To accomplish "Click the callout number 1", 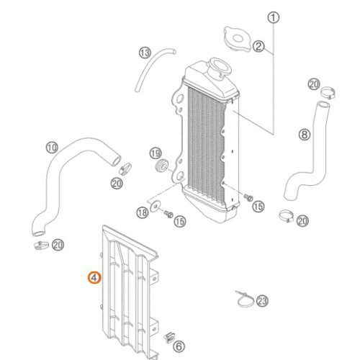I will tap(273, 17).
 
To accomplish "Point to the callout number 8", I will tap(304, 134).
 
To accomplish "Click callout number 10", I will tap(51, 148).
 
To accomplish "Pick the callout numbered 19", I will tap(155, 153).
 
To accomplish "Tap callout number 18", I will tap(142, 212).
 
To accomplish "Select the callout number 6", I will tap(179, 346).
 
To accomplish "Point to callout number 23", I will tap(262, 301).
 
